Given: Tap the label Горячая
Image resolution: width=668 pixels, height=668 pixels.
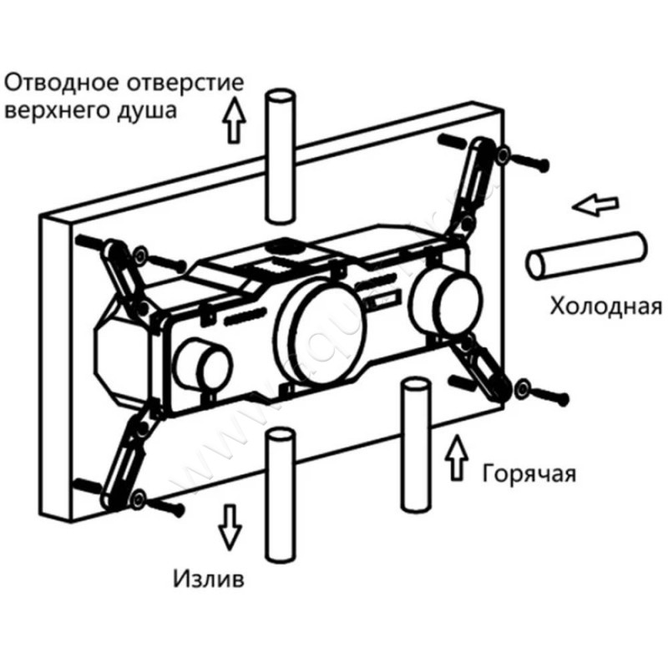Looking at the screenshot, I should tap(529, 473).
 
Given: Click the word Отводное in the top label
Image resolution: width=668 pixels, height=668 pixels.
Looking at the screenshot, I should tap(63, 84).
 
